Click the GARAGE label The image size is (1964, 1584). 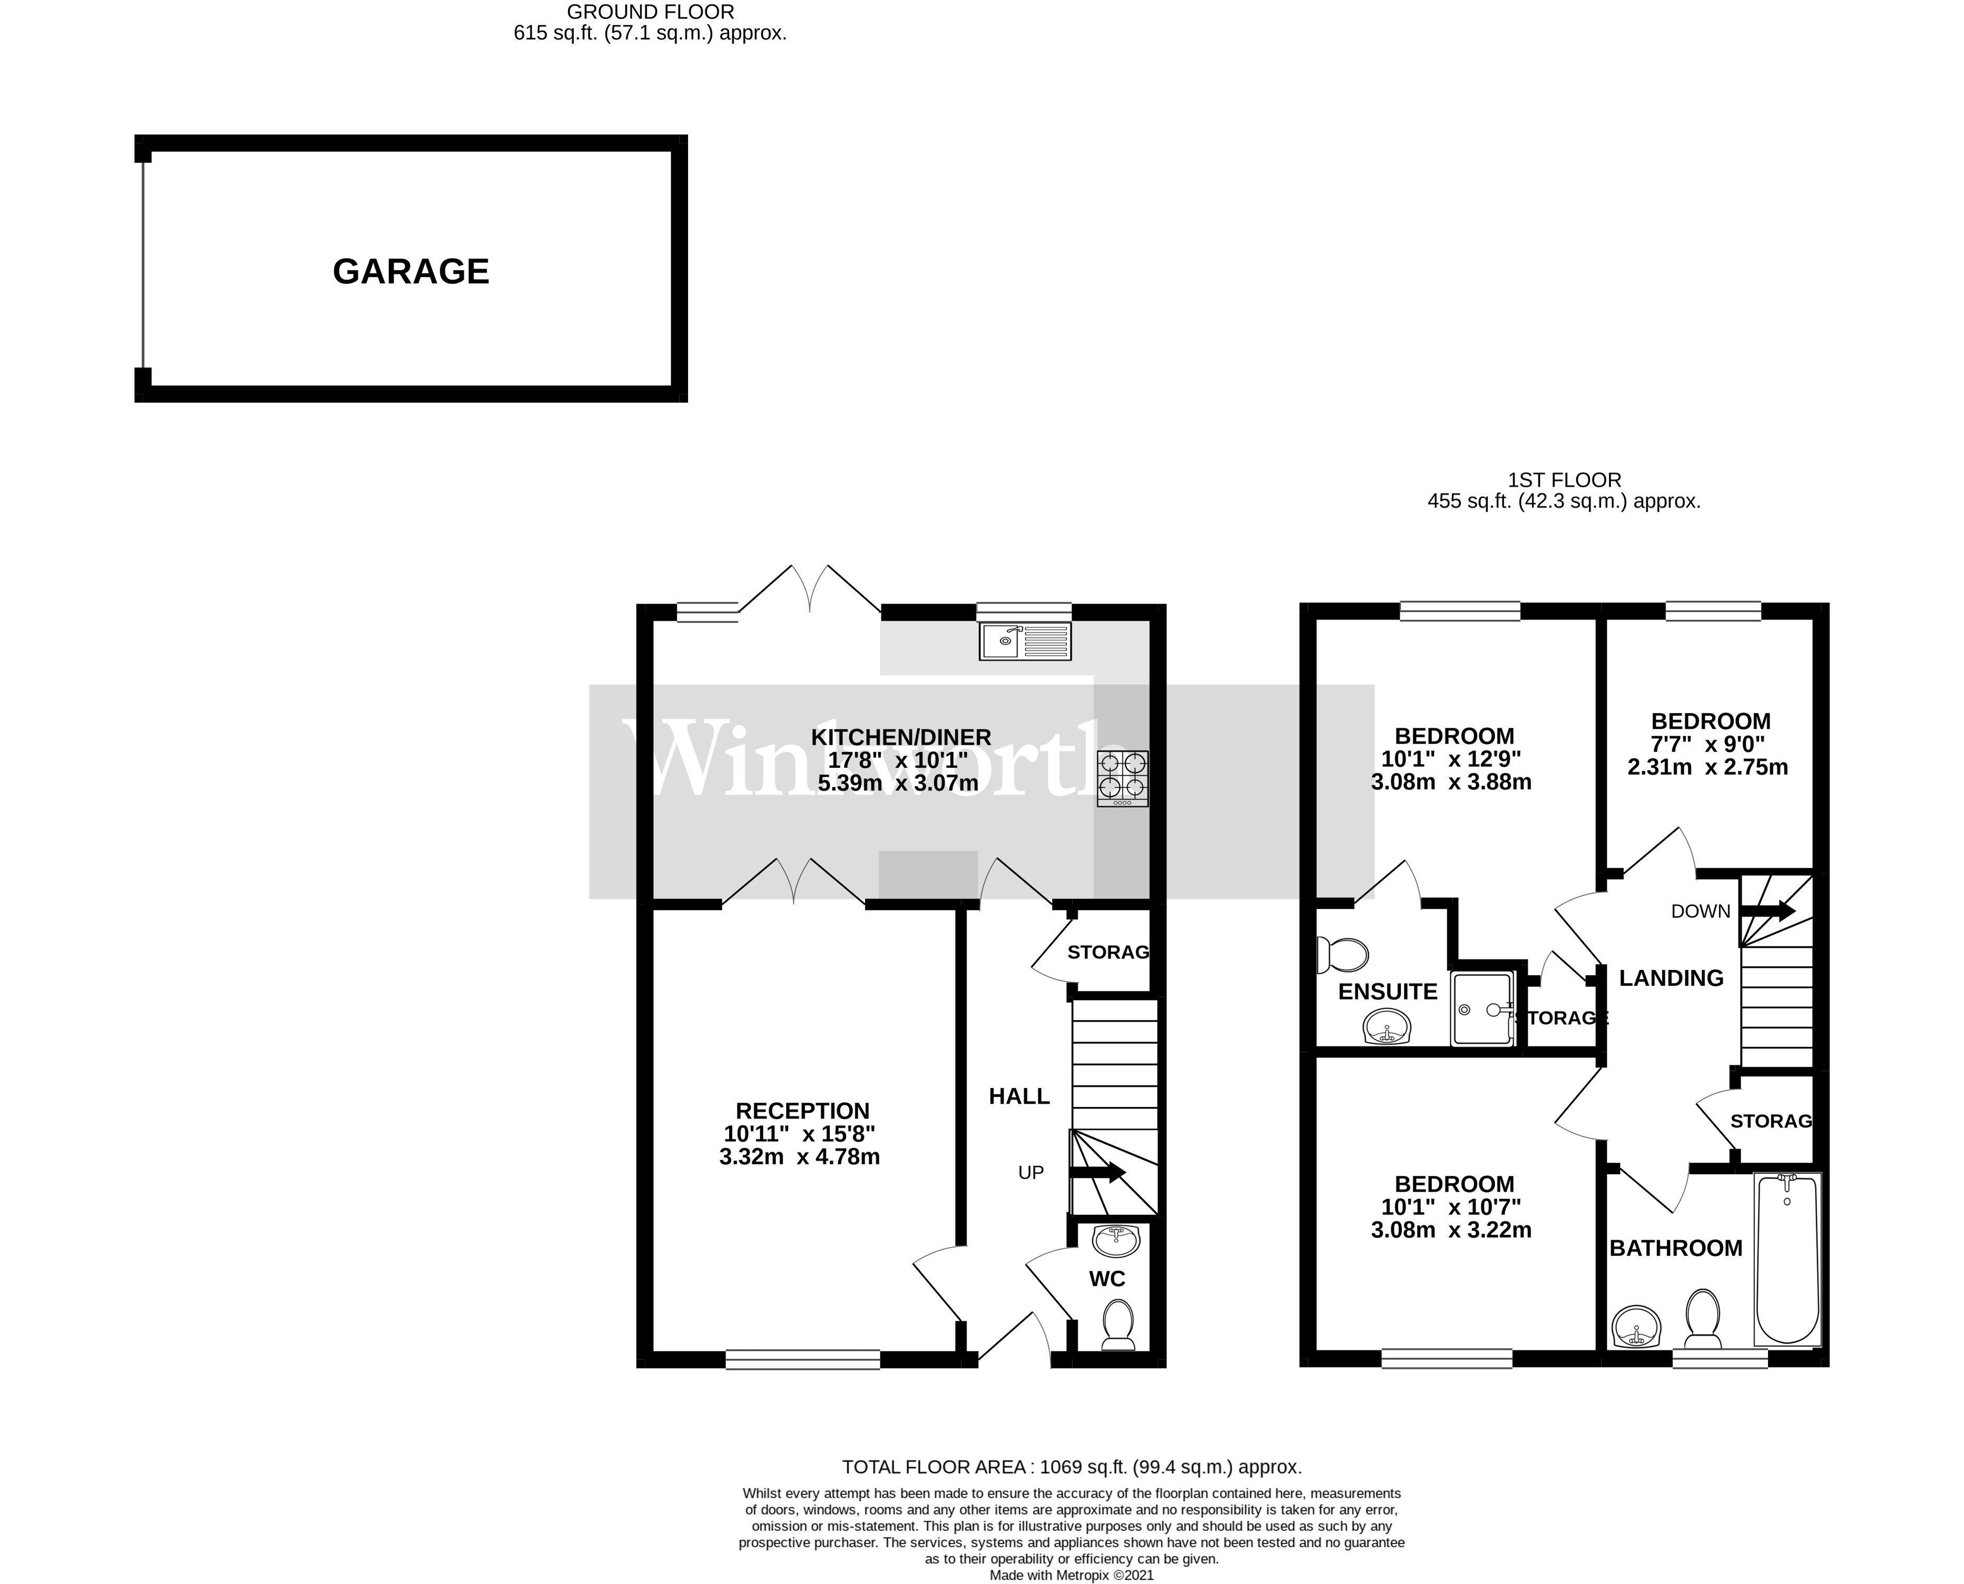[x=411, y=271]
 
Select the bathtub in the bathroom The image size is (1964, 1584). [x=1787, y=1259]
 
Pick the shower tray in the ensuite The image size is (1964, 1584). [x=1482, y=1009]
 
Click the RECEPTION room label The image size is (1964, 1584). [x=802, y=1111]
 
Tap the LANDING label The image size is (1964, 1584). [x=1671, y=978]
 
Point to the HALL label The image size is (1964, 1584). [x=1019, y=1096]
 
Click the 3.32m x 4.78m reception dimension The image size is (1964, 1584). [x=800, y=1157]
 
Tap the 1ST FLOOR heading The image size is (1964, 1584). [x=1564, y=480]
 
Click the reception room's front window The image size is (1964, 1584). [x=803, y=1360]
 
